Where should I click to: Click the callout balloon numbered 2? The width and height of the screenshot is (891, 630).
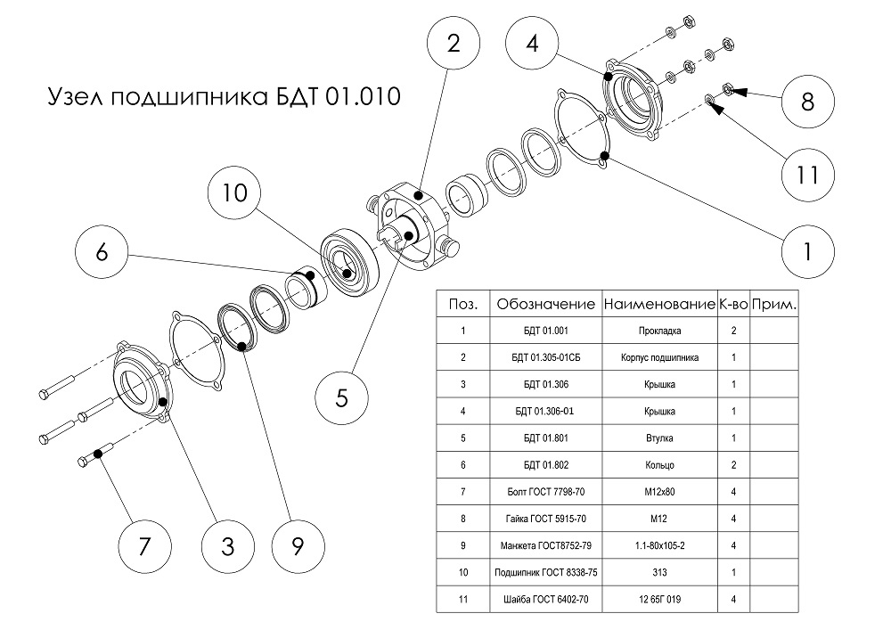click(x=454, y=47)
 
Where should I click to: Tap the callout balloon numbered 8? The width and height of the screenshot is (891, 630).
click(x=808, y=101)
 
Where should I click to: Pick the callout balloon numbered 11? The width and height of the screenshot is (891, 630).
click(x=808, y=175)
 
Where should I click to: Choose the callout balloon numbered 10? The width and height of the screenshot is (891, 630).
click(x=234, y=193)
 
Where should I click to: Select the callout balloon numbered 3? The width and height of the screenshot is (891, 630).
click(x=228, y=544)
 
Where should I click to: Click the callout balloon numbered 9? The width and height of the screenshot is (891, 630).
click(x=297, y=544)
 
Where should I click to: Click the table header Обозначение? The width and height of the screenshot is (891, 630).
click(x=544, y=304)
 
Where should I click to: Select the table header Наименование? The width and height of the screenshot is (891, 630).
click(x=658, y=304)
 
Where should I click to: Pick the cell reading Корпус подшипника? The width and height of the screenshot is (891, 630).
click(x=658, y=357)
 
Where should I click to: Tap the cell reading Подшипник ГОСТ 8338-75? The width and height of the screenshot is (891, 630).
click(x=544, y=573)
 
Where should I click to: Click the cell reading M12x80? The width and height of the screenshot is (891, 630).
click(x=658, y=492)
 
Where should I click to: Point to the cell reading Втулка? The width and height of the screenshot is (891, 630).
click(x=658, y=438)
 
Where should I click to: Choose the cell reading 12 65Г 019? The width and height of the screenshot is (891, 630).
click(x=658, y=600)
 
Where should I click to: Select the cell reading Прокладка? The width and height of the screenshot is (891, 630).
click(x=658, y=331)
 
